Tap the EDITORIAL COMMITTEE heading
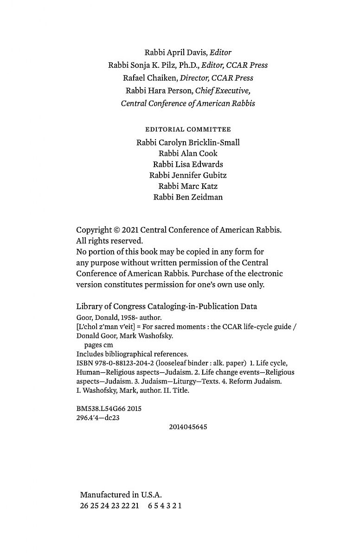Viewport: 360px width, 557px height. [188, 130]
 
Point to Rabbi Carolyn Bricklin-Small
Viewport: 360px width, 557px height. [188, 142]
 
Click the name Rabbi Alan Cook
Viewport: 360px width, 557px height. [188, 153]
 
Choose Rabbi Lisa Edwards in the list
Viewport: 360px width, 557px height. [188, 164]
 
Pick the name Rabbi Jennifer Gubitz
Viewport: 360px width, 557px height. [188, 175]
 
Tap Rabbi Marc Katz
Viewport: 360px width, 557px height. [188, 186]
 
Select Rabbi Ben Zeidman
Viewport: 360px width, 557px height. [188, 197]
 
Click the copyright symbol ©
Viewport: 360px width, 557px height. [117, 230]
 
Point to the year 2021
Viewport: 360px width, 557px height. [130, 230]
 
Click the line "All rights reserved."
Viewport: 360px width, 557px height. [109, 241]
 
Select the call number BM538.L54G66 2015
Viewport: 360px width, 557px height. [109, 409]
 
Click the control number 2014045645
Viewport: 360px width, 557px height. [188, 427]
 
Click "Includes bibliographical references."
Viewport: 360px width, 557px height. [132, 354]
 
